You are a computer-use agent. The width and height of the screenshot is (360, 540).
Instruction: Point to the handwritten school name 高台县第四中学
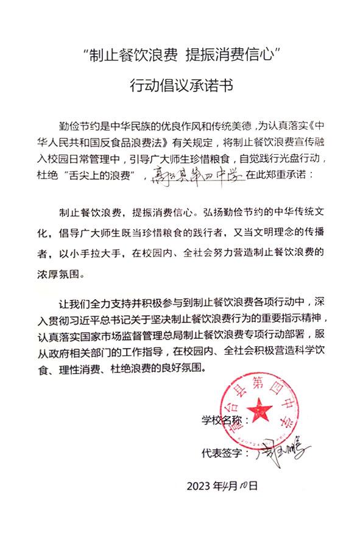pyautogui.click(x=196, y=175)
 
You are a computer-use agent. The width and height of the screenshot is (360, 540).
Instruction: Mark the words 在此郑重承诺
pyautogui.click(x=278, y=175)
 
